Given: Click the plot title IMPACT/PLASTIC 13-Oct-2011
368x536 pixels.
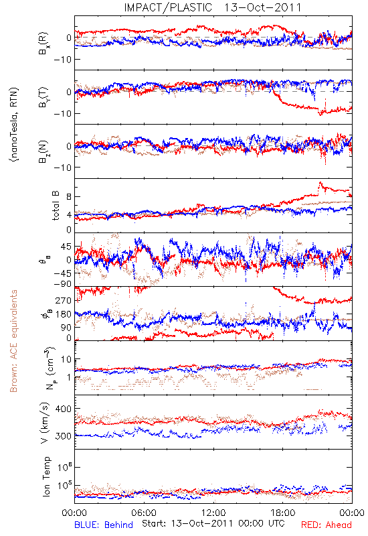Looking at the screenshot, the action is [x=212, y=7].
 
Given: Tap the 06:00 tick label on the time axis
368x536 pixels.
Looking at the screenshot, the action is [x=144, y=513].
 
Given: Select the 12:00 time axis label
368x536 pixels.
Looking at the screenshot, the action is [x=213, y=513].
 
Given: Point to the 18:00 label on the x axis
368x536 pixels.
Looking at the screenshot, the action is [x=283, y=513].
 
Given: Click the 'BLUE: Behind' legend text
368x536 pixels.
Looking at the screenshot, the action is [x=104, y=525].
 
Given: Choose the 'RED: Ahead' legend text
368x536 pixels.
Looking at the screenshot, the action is [x=326, y=525].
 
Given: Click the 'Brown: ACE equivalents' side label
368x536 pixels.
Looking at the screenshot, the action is [x=13, y=341].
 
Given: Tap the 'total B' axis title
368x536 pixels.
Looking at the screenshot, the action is [x=56, y=205].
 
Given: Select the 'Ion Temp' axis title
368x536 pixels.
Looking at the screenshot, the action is [x=46, y=476].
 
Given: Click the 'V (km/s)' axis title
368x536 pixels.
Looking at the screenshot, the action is [x=45, y=423].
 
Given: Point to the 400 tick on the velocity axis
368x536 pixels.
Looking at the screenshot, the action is [x=64, y=409].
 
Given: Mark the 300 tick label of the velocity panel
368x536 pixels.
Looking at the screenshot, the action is [x=64, y=436].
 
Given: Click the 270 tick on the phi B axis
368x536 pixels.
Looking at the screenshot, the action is [x=64, y=300].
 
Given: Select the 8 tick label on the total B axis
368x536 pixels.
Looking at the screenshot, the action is [x=69, y=196].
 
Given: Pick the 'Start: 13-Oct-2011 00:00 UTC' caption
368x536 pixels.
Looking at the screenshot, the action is [x=211, y=523].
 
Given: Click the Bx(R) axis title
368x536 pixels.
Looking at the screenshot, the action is [x=43, y=43].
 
